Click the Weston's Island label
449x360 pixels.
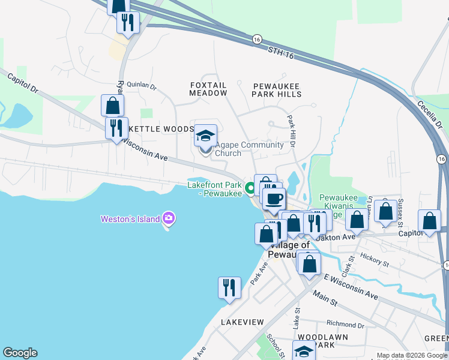click(x=130, y=218)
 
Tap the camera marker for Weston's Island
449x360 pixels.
click(x=168, y=218)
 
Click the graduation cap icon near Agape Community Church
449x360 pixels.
click(x=205, y=136)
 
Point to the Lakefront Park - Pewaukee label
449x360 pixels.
click(x=215, y=189)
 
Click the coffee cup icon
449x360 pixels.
click(x=274, y=199)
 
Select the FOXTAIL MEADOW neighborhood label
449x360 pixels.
click(x=208, y=89)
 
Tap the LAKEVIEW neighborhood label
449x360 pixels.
click(x=242, y=322)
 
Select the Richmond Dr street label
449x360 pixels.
click(x=342, y=324)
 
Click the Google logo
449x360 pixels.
click(x=20, y=353)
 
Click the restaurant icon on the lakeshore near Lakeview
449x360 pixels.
click(x=229, y=287)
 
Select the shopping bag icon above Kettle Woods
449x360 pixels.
click(x=112, y=105)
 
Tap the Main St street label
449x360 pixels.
click(x=325, y=297)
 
